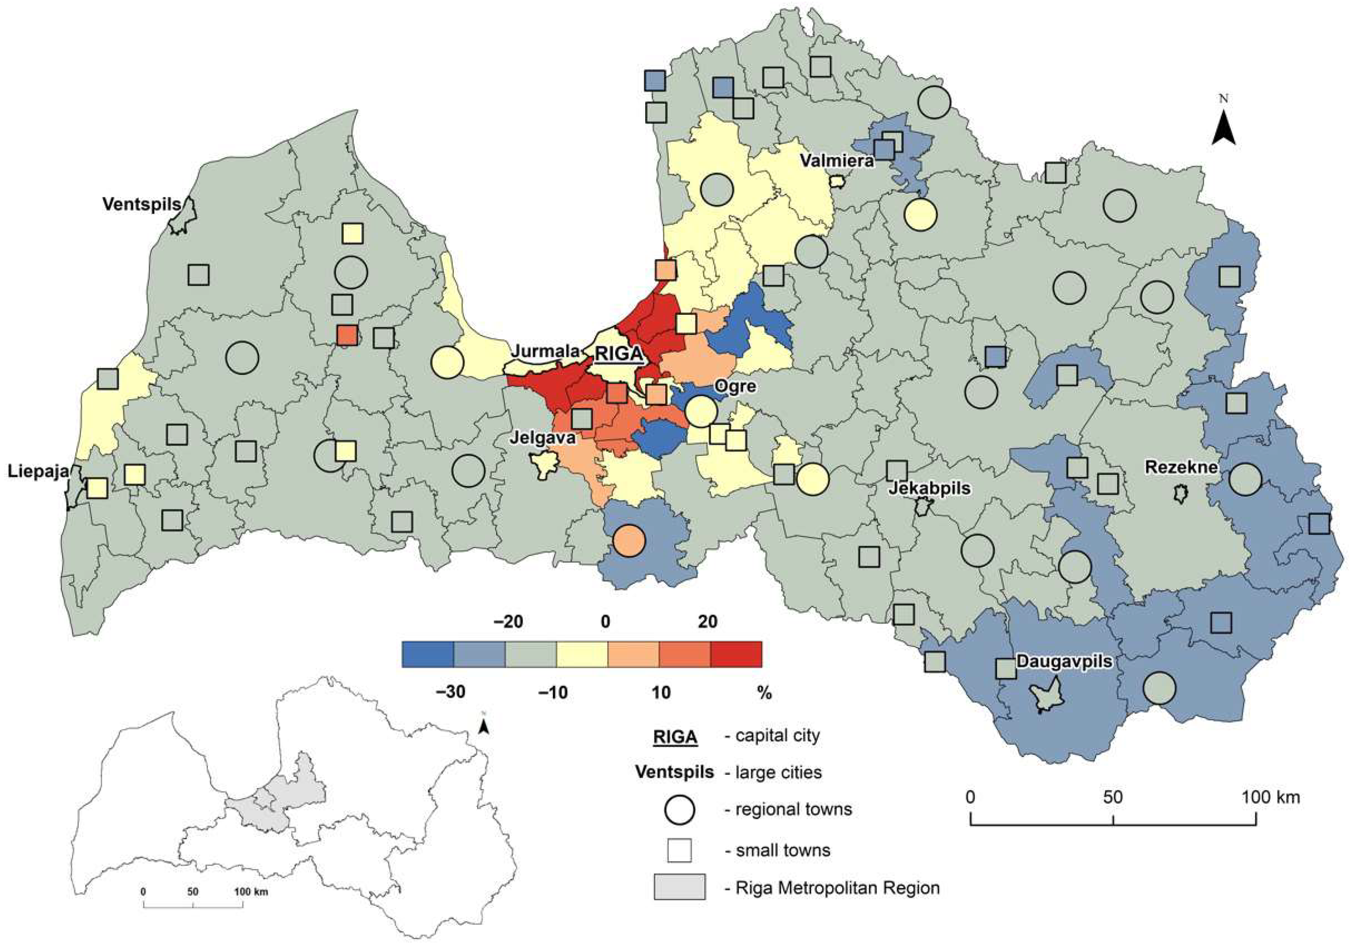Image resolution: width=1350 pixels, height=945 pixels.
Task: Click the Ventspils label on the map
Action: coord(142,205)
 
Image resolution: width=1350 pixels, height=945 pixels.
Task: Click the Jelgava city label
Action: coord(542,438)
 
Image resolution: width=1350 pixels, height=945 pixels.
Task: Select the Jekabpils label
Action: coord(929,488)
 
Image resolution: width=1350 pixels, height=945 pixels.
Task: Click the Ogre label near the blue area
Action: coord(735,386)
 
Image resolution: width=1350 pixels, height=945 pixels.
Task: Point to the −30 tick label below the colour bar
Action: coord(451,692)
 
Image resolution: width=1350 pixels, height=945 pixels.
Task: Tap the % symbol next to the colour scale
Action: coord(764,693)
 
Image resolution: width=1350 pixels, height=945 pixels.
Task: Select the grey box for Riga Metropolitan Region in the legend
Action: coord(679,887)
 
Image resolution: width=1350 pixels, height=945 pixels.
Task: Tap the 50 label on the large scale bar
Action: coord(1113,798)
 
